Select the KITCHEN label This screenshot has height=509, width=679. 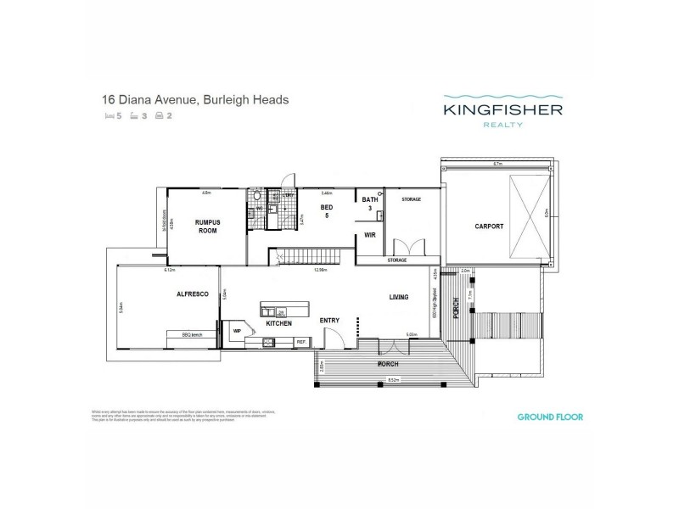tap(278, 324)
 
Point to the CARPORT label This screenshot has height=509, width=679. tap(489, 227)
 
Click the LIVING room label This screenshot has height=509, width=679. tap(399, 298)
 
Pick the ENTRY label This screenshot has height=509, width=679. tap(329, 321)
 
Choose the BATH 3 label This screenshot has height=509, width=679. tap(368, 204)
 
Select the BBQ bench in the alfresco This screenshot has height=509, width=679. tap(194, 334)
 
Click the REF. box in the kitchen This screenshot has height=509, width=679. tap(300, 342)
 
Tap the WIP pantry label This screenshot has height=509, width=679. tap(237, 332)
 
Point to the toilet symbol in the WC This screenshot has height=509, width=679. tap(258, 199)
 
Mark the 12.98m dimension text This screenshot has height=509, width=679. tap(319, 270)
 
